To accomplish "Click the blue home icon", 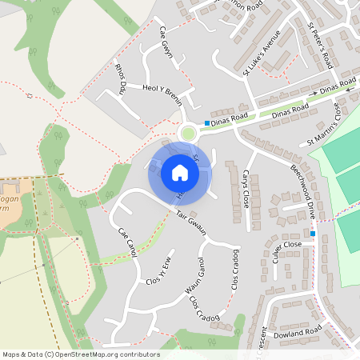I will (179, 172).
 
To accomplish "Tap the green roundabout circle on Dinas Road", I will (189, 134).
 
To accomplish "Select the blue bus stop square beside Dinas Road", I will (206, 123).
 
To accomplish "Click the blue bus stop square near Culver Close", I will (314, 234).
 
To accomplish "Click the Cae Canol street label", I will (128, 242).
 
